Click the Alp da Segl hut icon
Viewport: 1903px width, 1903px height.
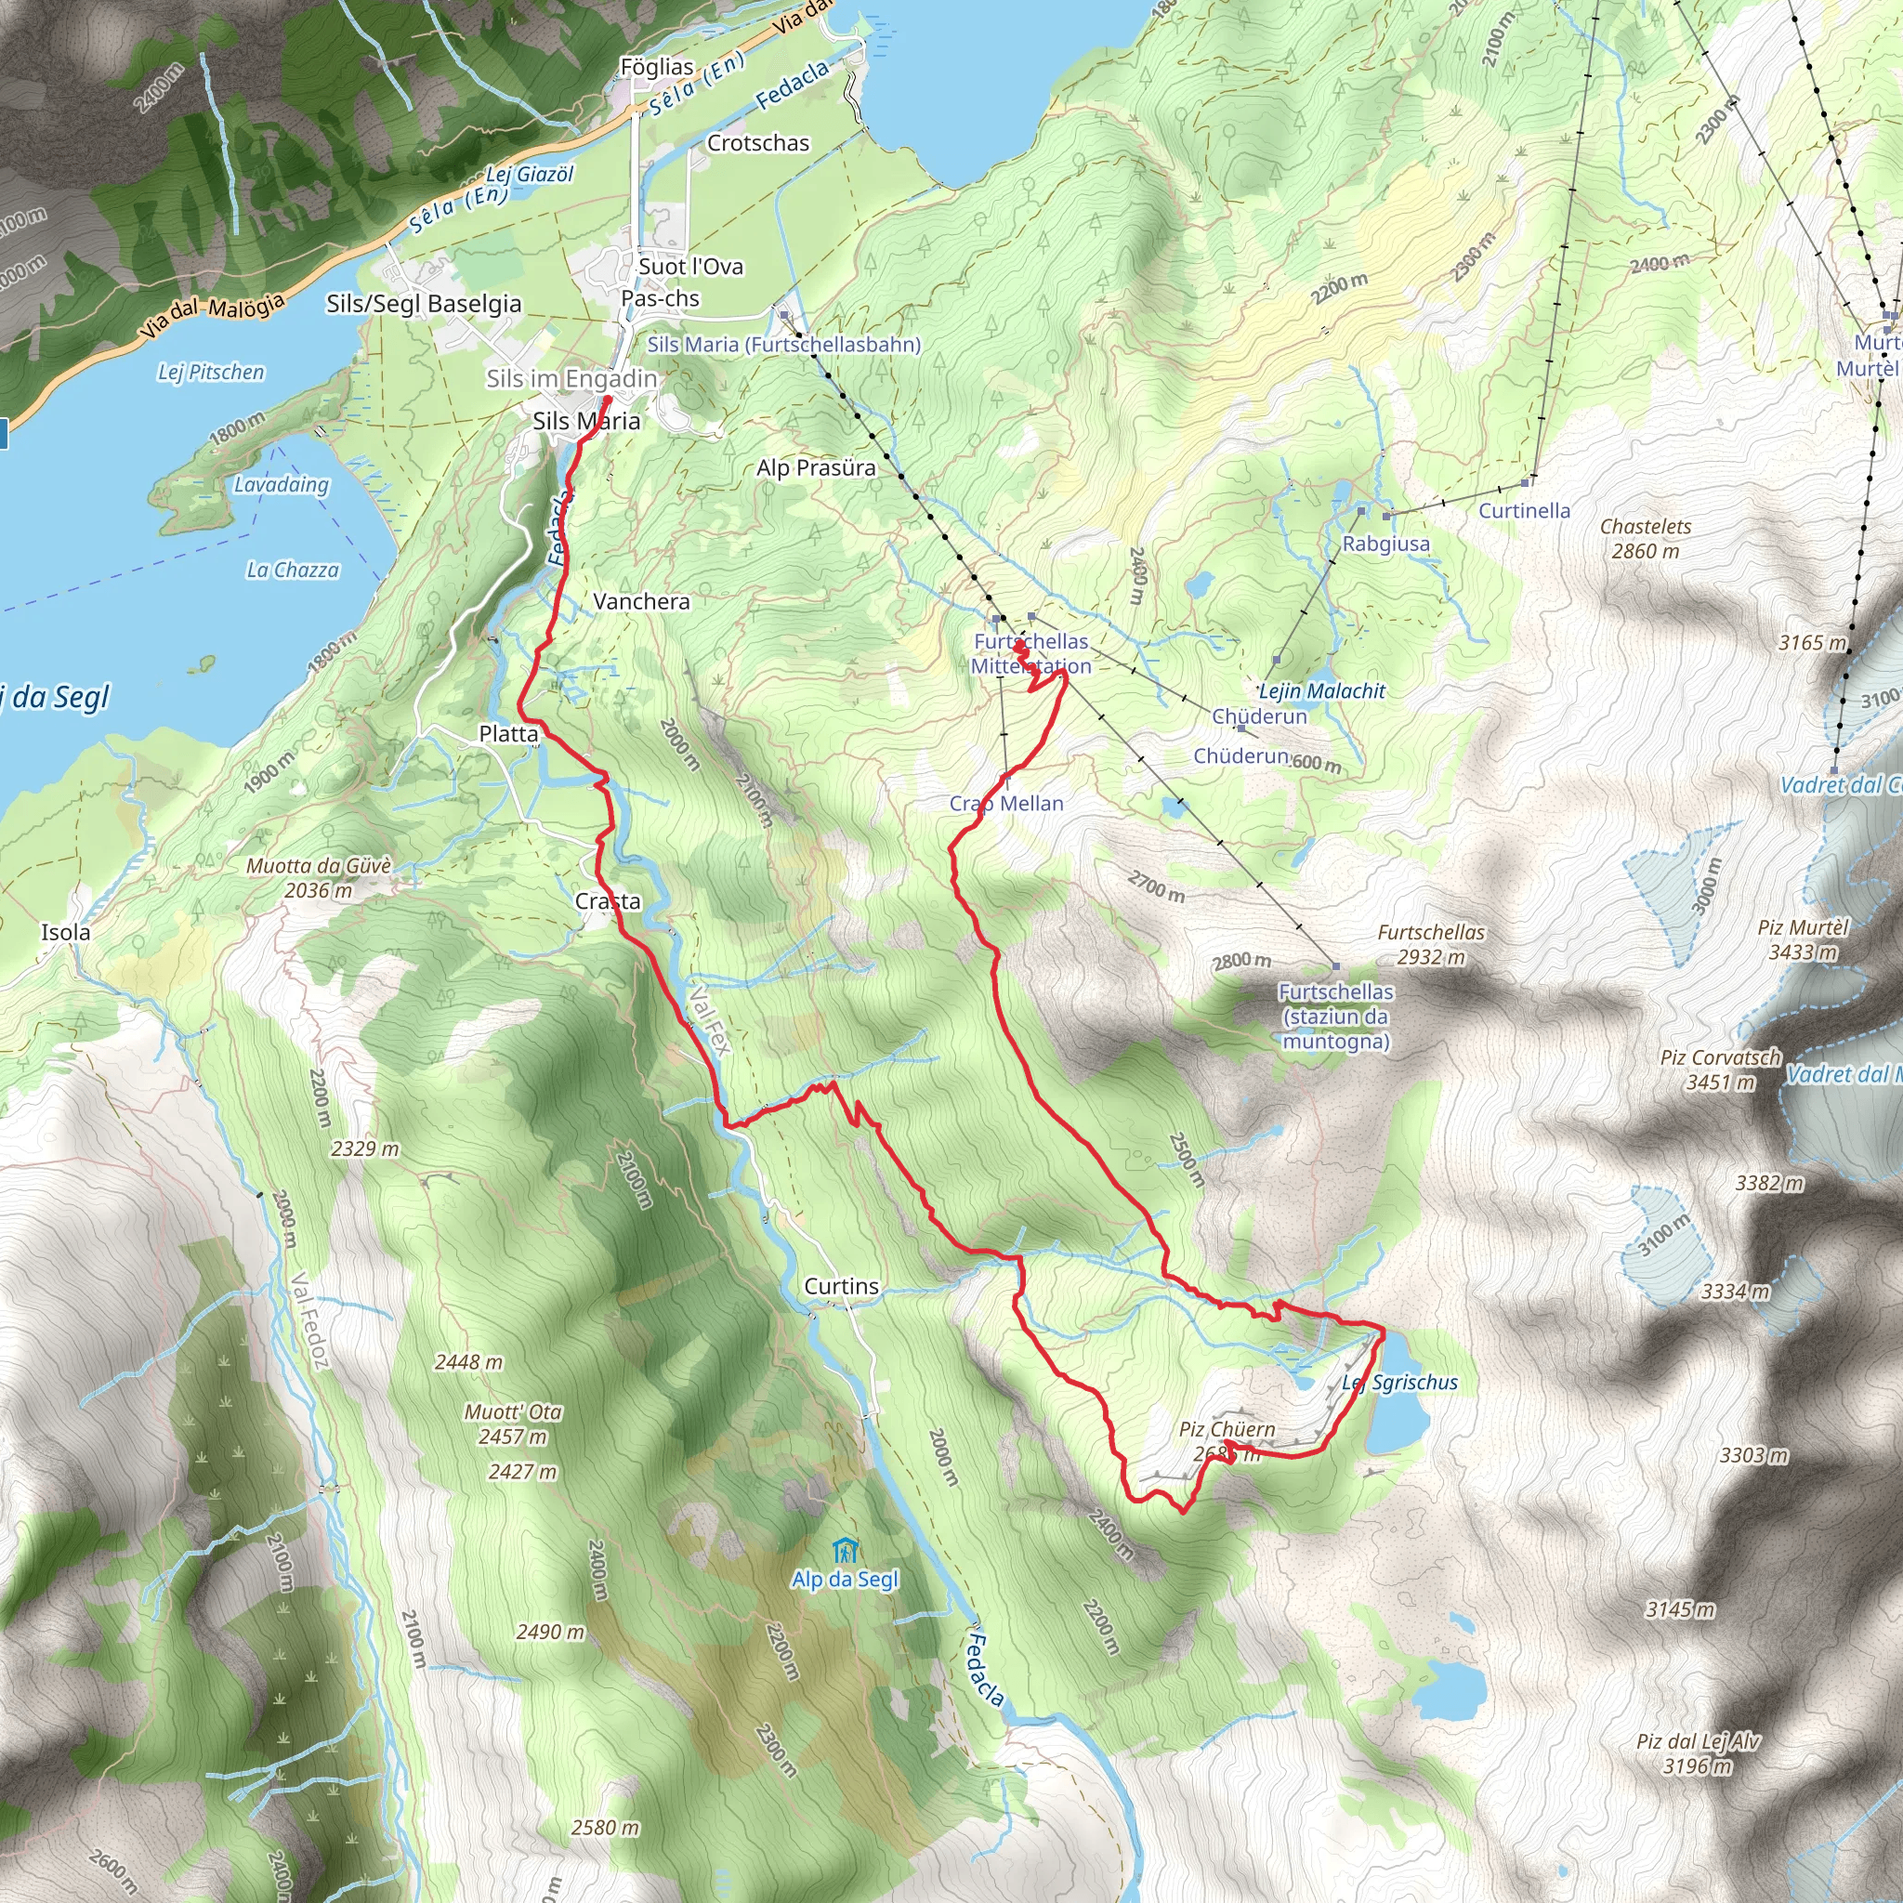pyautogui.click(x=844, y=1552)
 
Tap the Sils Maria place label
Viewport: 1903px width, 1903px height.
pyautogui.click(x=586, y=422)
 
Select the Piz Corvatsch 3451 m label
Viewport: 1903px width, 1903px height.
pyautogui.click(x=1720, y=1070)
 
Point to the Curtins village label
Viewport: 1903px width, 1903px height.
pyautogui.click(x=841, y=1286)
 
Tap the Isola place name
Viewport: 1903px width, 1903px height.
pyautogui.click(x=65, y=932)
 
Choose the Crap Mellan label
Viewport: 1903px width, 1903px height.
pyautogui.click(x=1005, y=804)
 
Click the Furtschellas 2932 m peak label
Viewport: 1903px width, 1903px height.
pyautogui.click(x=1430, y=945)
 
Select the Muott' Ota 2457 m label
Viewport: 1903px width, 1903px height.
pyautogui.click(x=512, y=1424)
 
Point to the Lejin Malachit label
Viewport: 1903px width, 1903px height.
pyautogui.click(x=1322, y=691)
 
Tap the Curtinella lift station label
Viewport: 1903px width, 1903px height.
pyautogui.click(x=1524, y=510)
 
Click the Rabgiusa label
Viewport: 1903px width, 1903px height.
pyautogui.click(x=1385, y=544)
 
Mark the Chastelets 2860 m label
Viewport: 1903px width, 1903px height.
pyautogui.click(x=1645, y=539)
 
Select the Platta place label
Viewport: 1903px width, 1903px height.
pyautogui.click(x=508, y=734)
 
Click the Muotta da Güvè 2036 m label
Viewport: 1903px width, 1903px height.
pyautogui.click(x=318, y=877)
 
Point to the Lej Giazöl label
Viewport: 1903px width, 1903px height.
pyautogui.click(x=529, y=175)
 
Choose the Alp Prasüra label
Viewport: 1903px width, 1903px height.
pyautogui.click(x=816, y=468)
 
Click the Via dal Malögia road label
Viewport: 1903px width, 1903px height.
pyautogui.click(x=212, y=315)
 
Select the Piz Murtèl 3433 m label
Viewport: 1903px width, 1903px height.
pyautogui.click(x=1804, y=939)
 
